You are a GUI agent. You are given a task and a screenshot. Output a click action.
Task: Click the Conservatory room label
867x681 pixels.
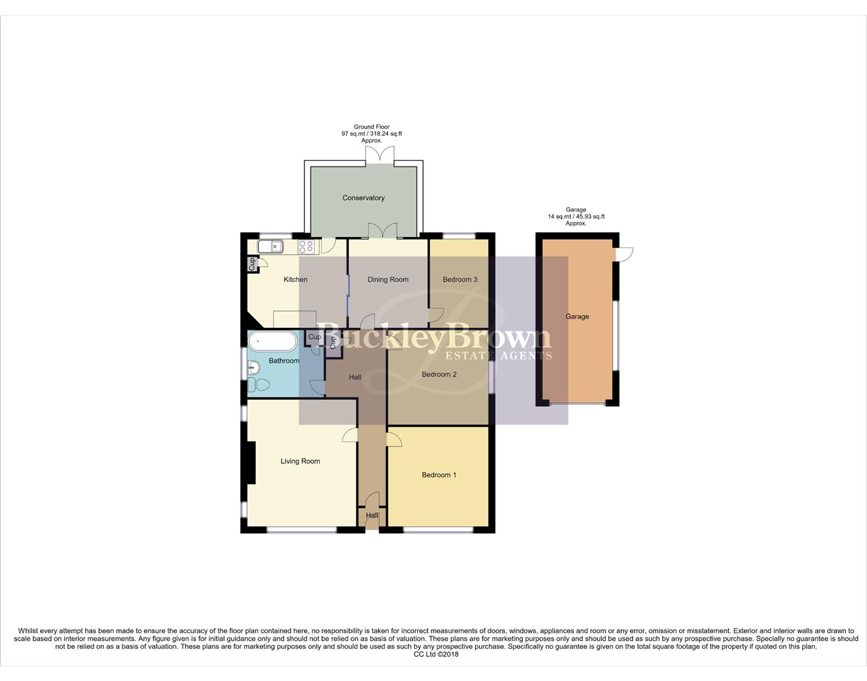coord(363,198)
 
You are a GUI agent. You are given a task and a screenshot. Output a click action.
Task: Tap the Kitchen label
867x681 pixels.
coord(296,279)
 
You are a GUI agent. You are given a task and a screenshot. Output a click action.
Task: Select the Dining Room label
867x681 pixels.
coord(388,279)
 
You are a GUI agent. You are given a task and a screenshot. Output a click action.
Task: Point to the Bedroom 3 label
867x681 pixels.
coord(460,279)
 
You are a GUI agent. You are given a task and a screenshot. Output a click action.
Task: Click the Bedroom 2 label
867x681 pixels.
coord(439,375)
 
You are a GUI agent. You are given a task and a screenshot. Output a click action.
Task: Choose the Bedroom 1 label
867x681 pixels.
coord(439,475)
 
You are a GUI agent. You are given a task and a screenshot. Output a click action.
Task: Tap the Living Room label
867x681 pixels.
coord(300,461)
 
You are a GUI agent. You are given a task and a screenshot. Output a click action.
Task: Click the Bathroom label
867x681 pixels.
coord(284,361)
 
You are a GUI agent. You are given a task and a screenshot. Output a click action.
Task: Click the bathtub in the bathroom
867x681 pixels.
coord(272,342)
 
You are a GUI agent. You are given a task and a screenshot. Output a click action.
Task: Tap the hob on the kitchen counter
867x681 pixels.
coord(306,247)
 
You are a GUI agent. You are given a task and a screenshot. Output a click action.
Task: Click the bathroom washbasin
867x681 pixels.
coord(253,366)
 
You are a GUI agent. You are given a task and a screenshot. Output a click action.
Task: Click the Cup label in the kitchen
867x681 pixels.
coord(252,264)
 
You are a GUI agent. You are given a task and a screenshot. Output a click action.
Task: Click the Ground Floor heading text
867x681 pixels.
coord(372,127)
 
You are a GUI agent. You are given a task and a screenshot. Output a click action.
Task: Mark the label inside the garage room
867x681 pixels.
coord(577,317)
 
